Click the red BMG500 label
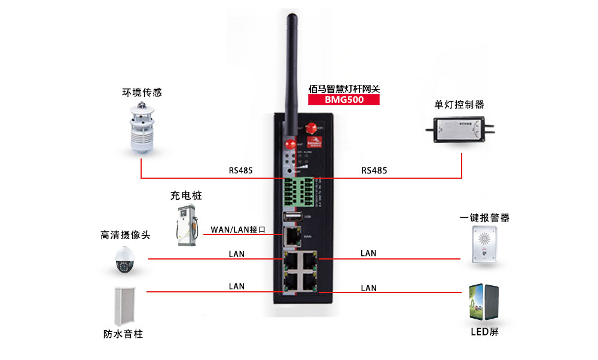click(344, 100)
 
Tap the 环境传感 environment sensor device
click(142, 127)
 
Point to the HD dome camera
click(124, 261)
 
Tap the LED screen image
click(484, 303)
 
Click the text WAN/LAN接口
click(238, 230)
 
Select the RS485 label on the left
click(241, 170)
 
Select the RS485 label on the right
click(374, 170)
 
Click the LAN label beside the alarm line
click(368, 253)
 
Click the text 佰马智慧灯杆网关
click(344, 88)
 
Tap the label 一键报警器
click(484, 218)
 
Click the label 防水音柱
click(123, 334)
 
